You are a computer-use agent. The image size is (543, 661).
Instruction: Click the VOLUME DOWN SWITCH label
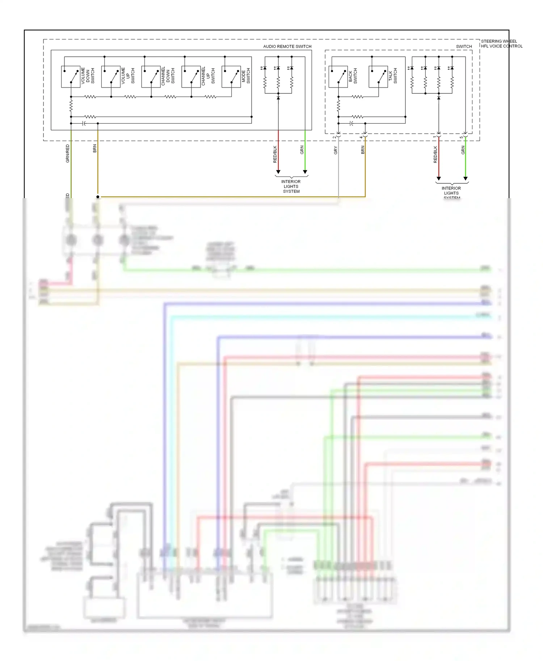tap(88, 76)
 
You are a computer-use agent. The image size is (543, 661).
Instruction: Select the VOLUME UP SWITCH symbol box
tap(111, 77)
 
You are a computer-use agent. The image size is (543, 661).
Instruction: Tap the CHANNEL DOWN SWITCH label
tap(168, 76)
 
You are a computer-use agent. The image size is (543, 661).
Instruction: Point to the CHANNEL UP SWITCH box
tap(191, 77)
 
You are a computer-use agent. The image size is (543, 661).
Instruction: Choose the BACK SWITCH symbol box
tap(338, 77)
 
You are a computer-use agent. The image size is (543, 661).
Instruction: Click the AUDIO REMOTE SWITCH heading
tap(287, 46)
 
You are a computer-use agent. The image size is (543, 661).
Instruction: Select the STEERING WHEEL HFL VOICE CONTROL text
tap(501, 44)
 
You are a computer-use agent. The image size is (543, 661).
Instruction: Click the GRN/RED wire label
tap(67, 153)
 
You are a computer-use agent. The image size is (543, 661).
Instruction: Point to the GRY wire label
tap(336, 150)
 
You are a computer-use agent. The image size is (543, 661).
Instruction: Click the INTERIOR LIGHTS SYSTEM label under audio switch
tap(291, 186)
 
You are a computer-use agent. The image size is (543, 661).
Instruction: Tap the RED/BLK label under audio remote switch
tap(275, 154)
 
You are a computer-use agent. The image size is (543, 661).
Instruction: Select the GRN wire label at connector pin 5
tap(463, 150)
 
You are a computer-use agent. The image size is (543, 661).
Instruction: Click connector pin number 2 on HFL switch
tap(334, 137)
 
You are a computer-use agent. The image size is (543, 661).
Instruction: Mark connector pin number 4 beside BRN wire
tap(361, 137)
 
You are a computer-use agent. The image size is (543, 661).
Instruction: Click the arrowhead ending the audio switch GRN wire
tap(305, 172)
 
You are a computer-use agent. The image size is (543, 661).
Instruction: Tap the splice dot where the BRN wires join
tap(98, 197)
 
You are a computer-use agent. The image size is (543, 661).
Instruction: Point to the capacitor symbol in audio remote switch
tap(84, 123)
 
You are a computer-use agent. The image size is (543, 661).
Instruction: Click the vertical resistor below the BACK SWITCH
tap(338, 106)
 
